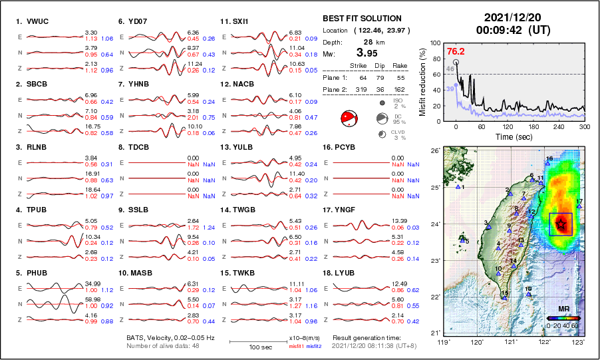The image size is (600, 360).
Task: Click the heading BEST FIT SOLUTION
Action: (x=362, y=19)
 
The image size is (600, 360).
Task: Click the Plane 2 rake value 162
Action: (x=399, y=88)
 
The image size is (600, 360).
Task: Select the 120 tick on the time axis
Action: (x=507, y=126)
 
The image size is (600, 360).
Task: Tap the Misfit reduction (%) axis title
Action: (x=422, y=80)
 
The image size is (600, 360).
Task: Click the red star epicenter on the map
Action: (x=561, y=224)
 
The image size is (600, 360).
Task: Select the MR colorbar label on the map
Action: (x=563, y=309)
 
